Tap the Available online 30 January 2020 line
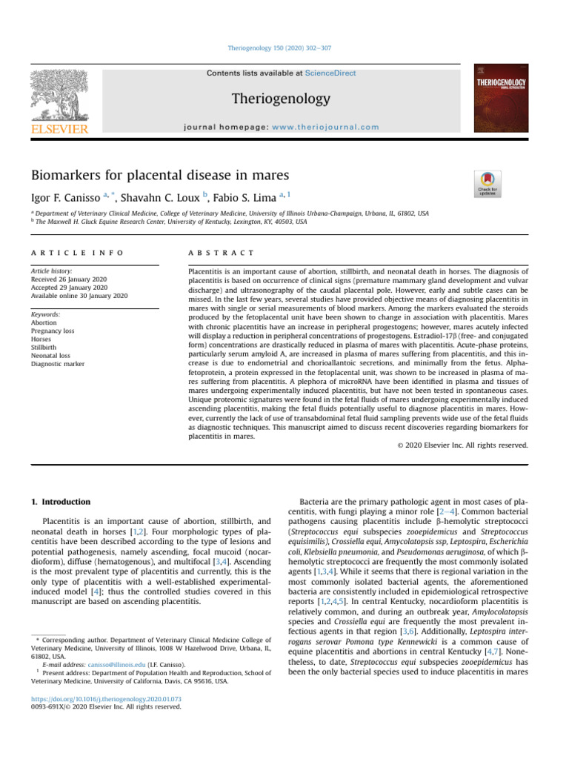[x=79, y=296]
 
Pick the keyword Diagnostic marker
[x=57, y=364]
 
